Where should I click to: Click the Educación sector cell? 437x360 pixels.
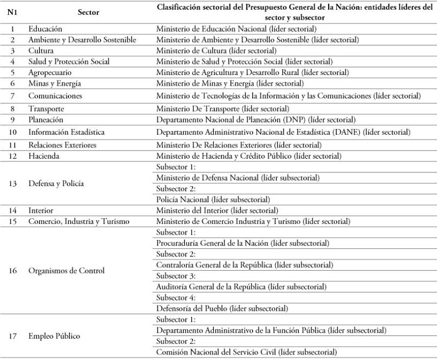tap(45, 28)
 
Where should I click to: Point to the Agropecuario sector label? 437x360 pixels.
tap(50, 72)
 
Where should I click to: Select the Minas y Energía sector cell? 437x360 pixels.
tap(55, 83)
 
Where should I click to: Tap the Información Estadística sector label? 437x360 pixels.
tap(66, 132)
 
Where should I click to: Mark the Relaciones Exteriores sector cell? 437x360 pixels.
tap(62, 145)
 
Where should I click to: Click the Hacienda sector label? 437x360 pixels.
tap(44, 156)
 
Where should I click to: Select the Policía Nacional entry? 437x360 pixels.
tap(213, 200)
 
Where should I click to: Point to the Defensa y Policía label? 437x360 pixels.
tap(56, 183)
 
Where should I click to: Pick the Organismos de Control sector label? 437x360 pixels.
tap(66, 270)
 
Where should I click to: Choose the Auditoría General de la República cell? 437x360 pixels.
tap(241, 287)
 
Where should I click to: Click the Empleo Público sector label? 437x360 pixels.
tap(54, 336)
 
